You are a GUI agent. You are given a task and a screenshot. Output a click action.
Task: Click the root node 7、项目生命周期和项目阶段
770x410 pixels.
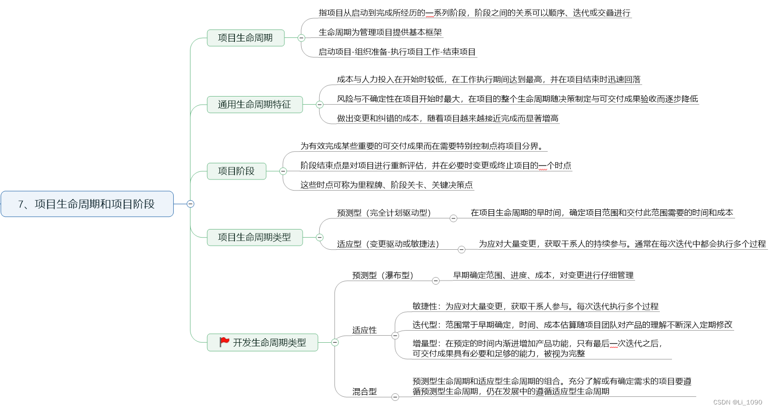pos(87,204)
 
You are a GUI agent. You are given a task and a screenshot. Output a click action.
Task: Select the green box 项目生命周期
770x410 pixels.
pos(246,38)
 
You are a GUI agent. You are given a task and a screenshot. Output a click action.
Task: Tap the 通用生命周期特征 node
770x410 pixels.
pos(255,105)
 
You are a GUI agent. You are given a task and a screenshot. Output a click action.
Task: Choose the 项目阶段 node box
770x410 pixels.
pos(236,171)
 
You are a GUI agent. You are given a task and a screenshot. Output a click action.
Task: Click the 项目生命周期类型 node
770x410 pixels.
pos(255,237)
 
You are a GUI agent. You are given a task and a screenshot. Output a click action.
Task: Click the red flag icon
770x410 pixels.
pos(224,342)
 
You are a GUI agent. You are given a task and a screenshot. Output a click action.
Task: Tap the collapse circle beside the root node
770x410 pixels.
pos(190,204)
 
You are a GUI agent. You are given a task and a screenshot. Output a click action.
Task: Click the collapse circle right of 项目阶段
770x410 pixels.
pos(283,171)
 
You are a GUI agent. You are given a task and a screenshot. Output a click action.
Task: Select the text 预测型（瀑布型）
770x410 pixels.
pos(382,276)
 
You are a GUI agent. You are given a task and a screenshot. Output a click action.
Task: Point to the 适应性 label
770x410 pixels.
pos(364,330)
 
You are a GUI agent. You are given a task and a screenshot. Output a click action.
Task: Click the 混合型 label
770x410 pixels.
pos(364,392)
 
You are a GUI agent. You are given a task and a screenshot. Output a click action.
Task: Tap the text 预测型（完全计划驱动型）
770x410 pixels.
pos(383,213)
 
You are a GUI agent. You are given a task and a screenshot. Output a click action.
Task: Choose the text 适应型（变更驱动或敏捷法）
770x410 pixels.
pos(388,244)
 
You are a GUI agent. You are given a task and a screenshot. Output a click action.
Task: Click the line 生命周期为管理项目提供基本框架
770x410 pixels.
pos(380,32)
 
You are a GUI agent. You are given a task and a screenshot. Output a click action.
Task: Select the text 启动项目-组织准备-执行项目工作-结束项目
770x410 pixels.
pos(397,52)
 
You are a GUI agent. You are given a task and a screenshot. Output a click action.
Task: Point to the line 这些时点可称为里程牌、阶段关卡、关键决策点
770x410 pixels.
pos(387,185)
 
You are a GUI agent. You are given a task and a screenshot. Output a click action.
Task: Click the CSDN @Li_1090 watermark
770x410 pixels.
pos(737,402)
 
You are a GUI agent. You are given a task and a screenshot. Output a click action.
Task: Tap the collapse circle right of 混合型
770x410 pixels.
pos(395,397)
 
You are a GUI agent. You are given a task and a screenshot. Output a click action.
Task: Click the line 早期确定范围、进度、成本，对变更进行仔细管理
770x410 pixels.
pos(543,276)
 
